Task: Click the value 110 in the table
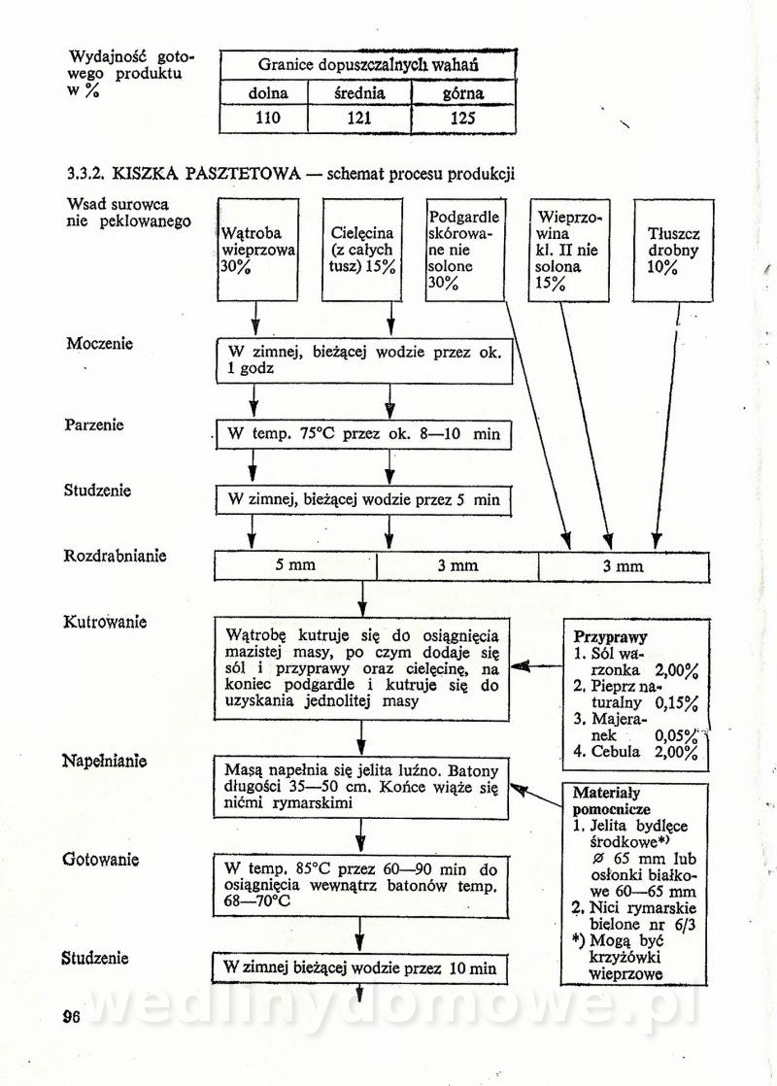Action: (263, 119)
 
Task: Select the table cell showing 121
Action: (359, 119)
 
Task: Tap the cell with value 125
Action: (464, 119)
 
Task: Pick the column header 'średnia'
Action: (359, 94)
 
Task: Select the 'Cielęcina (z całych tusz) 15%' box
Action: (363, 250)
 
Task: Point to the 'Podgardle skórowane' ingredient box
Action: (465, 250)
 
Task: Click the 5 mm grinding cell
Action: (295, 565)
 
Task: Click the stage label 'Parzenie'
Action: (94, 425)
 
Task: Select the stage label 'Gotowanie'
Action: (101, 860)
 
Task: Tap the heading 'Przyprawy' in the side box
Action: (610, 637)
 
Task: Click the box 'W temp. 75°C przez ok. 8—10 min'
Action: (363, 434)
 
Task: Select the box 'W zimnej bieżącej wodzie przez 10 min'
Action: (359, 967)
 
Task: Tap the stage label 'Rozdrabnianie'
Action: (116, 557)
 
